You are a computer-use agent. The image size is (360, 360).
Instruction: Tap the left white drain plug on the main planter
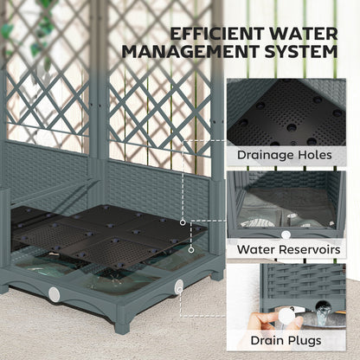pyautogui.click(x=55, y=295)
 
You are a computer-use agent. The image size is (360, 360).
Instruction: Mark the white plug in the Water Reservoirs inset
pyautogui.click(x=286, y=235)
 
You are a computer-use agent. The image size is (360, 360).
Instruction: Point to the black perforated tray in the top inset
pyautogui.click(x=286, y=112)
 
